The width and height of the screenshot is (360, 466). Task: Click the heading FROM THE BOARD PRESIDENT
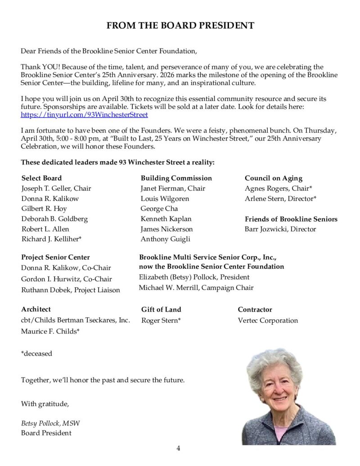[180, 26]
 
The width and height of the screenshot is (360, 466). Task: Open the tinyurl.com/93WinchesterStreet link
[84, 115]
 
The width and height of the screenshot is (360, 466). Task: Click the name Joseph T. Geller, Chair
[56, 188]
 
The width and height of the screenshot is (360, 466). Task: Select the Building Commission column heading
[176, 178]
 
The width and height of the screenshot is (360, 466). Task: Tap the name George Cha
[159, 208]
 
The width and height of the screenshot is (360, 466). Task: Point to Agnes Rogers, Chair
[279, 188]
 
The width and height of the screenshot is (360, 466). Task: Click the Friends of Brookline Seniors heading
[291, 219]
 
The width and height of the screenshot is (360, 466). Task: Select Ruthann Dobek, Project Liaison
[71, 290]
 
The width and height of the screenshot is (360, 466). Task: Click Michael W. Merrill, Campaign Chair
[196, 287]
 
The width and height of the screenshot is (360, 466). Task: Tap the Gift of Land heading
[161, 310]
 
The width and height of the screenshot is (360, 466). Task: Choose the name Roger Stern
[161, 321]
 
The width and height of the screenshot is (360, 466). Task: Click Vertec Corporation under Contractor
[268, 321]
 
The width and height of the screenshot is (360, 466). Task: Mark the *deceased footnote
[36, 353]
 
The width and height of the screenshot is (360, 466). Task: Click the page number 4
[178, 448]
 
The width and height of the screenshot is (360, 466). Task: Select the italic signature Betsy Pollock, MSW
[50, 423]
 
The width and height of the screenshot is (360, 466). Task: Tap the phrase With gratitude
[45, 404]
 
